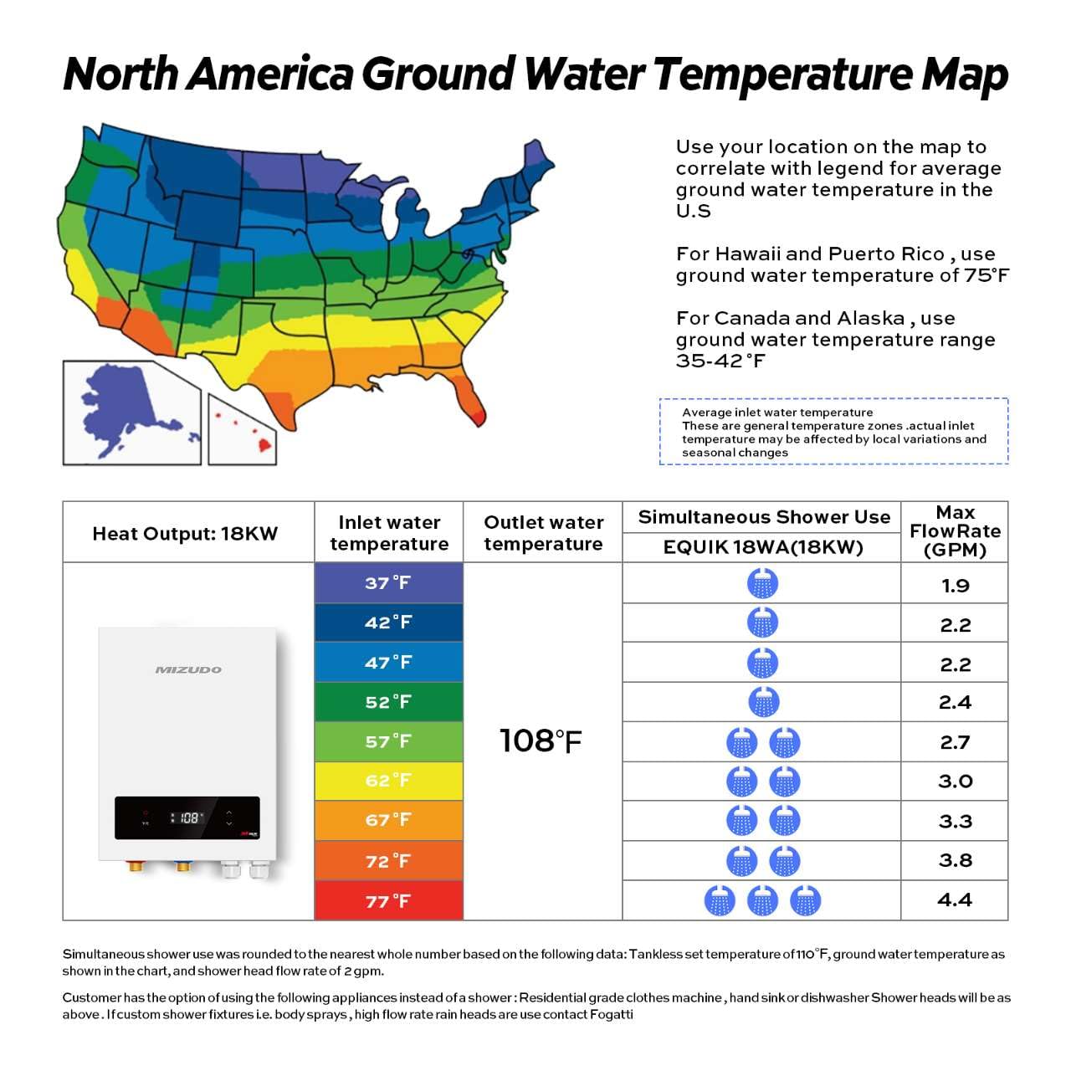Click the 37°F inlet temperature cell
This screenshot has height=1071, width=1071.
pyautogui.click(x=388, y=582)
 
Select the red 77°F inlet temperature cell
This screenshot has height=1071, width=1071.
pyautogui.click(x=388, y=901)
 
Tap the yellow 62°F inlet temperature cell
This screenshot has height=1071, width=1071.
pyautogui.click(x=388, y=781)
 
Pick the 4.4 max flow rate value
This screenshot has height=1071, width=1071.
pyautogui.click(x=955, y=900)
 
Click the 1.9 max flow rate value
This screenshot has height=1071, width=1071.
pyautogui.click(x=955, y=585)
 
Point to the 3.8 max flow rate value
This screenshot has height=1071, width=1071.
pyautogui.click(x=955, y=860)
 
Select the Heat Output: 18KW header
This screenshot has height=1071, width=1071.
pyautogui.click(x=185, y=534)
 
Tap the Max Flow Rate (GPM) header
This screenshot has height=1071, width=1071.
pyautogui.click(x=955, y=531)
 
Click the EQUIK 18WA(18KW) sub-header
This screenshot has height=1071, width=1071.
pyautogui.click(x=762, y=547)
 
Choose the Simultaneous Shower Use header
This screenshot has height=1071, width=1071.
pyautogui.click(x=764, y=517)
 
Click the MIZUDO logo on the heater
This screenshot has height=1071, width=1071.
pyautogui.click(x=188, y=669)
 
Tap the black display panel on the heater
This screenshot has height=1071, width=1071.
pyautogui.click(x=187, y=817)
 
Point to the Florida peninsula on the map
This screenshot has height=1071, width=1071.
pyautogui.click(x=469, y=397)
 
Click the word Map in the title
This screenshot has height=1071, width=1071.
pyautogui.click(x=964, y=74)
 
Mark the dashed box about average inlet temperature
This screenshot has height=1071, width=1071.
pyautogui.click(x=833, y=432)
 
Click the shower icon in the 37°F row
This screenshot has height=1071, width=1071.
pyautogui.click(x=762, y=583)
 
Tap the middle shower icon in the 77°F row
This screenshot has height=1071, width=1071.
pyautogui.click(x=762, y=900)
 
